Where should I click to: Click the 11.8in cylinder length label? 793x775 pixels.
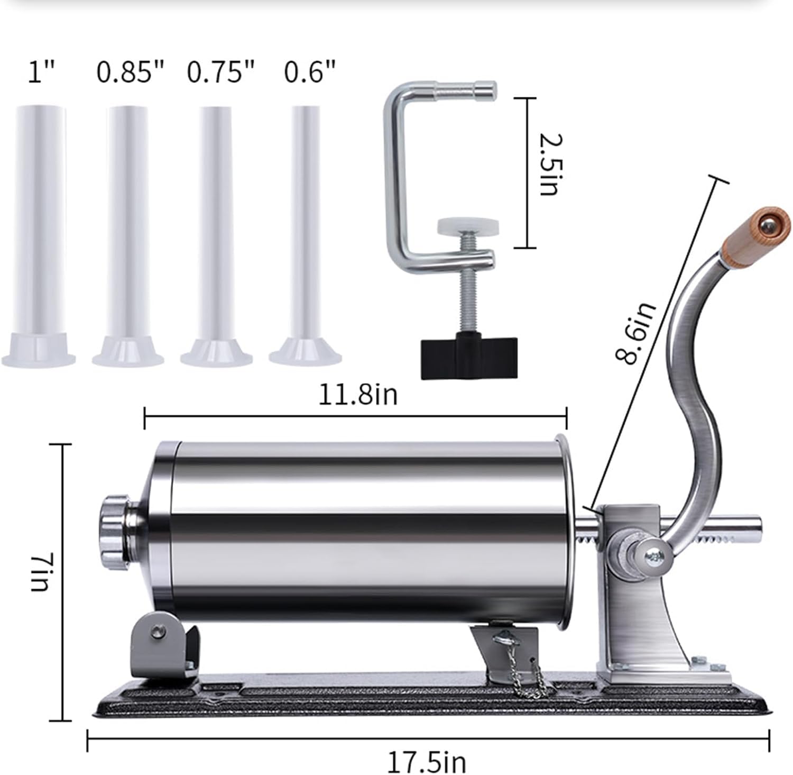(357, 394)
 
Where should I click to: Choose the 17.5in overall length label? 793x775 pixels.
(427, 762)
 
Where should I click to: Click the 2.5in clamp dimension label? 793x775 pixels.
(550, 165)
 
